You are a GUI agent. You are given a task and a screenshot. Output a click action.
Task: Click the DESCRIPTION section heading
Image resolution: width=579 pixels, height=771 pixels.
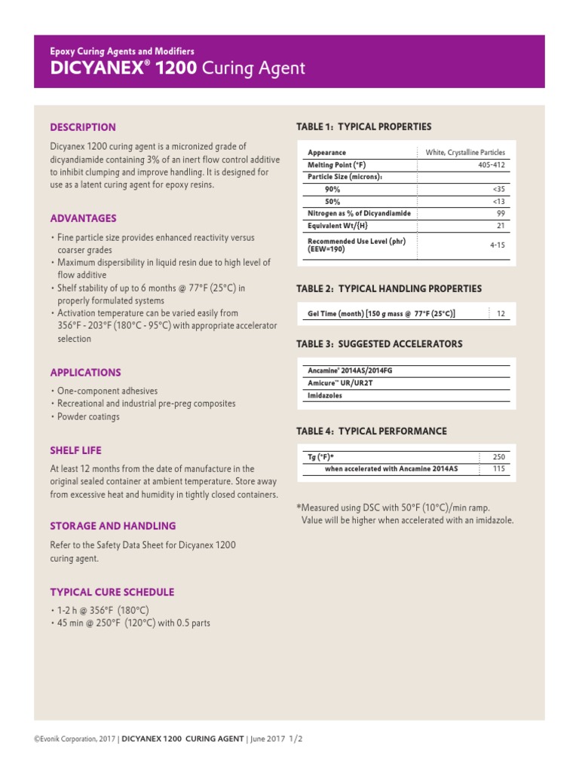(83, 127)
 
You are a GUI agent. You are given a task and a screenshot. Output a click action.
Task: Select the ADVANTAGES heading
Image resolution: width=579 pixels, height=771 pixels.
(83, 218)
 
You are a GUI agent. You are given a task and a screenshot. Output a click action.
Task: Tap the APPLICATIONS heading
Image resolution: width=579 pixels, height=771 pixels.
(85, 372)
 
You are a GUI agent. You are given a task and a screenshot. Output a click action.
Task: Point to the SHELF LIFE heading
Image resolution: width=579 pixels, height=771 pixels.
(75, 450)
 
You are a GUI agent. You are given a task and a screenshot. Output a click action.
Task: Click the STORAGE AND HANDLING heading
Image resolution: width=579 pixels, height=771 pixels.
(112, 526)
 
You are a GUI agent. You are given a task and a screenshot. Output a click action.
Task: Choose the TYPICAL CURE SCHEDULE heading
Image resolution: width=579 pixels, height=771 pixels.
(112, 592)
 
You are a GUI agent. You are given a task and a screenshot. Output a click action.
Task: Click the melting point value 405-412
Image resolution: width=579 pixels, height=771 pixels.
(492, 164)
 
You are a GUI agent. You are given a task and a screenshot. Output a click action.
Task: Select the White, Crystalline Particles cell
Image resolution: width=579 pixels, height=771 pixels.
(465, 152)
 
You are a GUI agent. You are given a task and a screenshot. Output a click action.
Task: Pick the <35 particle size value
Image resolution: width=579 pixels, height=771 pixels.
(498, 189)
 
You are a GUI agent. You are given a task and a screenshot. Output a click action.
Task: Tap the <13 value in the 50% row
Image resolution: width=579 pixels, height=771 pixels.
(498, 201)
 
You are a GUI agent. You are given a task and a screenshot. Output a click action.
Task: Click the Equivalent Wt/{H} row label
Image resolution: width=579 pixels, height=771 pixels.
(338, 225)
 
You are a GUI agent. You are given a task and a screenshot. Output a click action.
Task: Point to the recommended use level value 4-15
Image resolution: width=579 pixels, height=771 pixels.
(497, 245)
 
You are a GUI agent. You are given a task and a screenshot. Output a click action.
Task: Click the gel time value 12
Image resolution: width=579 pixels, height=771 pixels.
(501, 312)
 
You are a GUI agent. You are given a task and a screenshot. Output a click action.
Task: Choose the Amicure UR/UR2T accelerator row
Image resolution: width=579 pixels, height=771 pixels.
(340, 382)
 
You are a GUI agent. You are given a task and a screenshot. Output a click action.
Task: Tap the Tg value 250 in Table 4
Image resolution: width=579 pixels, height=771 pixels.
(498, 456)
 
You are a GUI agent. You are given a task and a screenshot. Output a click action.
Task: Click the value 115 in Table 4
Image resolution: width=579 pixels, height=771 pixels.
(498, 468)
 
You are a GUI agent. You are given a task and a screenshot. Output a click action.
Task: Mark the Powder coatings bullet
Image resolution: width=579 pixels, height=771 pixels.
(88, 416)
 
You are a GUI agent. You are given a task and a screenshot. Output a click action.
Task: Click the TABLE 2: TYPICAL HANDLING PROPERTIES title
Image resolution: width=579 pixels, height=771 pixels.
(389, 288)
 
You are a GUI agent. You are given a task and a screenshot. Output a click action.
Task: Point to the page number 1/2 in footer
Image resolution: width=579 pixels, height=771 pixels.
(296, 739)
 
